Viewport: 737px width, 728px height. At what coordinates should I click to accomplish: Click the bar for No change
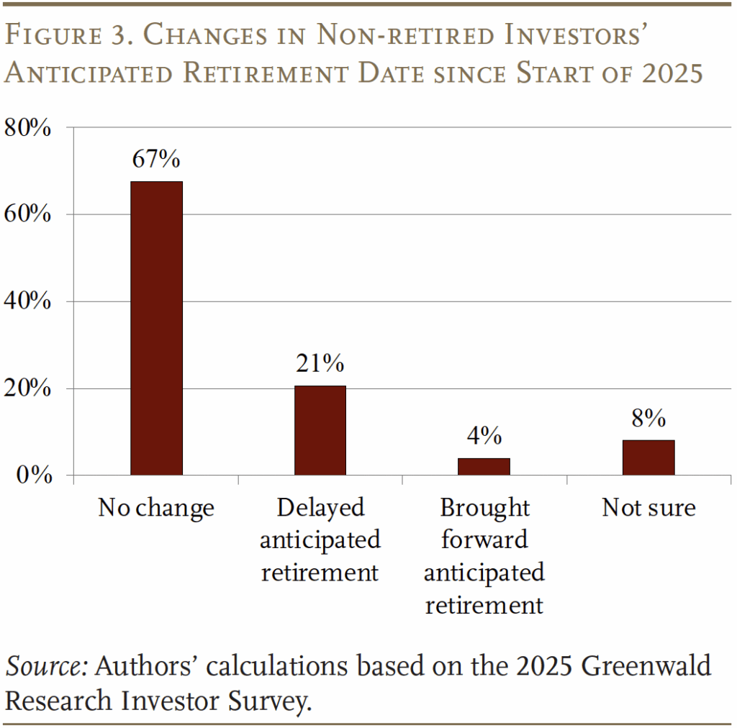point(156,328)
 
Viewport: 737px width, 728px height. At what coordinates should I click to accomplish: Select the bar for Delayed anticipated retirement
point(320,430)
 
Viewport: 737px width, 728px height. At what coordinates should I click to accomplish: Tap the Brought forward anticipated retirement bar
point(484,466)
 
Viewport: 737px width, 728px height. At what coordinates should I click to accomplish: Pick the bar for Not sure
point(648,458)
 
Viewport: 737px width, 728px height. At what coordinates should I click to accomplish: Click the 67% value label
point(156,159)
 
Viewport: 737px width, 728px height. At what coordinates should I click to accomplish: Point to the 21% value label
point(320,363)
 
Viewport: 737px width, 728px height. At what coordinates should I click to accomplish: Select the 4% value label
point(484,435)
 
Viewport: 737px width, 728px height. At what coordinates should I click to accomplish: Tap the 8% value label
point(648,418)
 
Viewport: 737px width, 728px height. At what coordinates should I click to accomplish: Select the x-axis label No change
point(156,508)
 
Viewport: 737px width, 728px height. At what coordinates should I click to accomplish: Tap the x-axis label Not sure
point(648,508)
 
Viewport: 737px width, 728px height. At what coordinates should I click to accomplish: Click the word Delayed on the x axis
point(320,508)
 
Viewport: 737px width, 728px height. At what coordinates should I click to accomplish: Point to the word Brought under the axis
point(484,508)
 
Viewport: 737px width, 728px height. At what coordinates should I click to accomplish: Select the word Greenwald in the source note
point(646,666)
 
